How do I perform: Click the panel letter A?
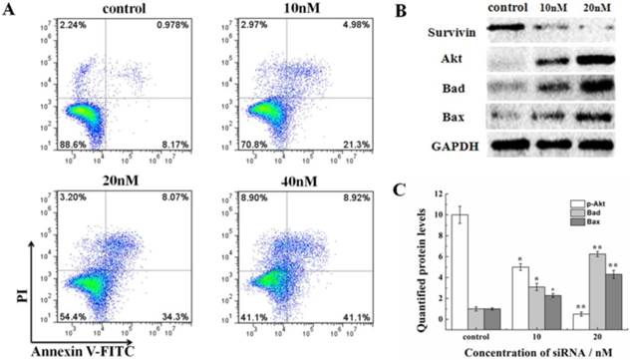(9, 9)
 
